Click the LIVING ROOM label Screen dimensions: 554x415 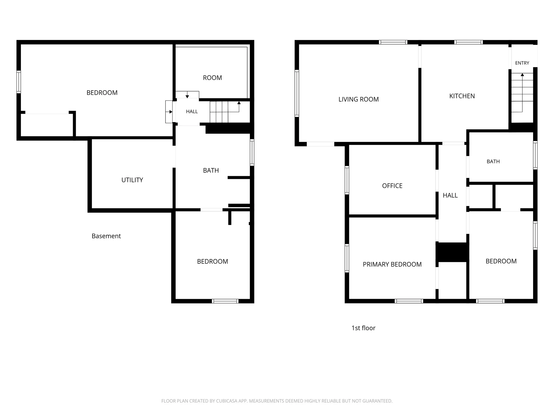point(358,99)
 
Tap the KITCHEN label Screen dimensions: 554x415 point(462,96)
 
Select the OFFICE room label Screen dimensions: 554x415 point(392,186)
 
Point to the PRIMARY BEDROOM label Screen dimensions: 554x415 point(392,265)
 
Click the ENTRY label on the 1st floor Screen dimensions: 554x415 point(522,63)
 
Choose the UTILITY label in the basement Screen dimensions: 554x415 point(132,180)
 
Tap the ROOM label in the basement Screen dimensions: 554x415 point(212,78)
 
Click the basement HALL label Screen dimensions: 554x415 point(192,112)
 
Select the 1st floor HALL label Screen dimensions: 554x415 point(450,195)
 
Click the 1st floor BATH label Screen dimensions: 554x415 point(493,162)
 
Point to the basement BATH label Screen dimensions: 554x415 point(211,170)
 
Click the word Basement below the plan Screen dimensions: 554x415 point(106,236)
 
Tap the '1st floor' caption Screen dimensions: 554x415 point(363,328)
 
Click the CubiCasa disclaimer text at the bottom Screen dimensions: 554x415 point(277,401)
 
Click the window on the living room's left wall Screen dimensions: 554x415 point(297,93)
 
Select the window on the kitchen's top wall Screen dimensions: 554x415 point(469,42)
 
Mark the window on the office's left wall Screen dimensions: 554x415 point(347,180)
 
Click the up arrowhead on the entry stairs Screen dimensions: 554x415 point(522,75)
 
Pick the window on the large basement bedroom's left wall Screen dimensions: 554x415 point(19,82)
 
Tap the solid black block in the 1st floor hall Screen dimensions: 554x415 point(452,252)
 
